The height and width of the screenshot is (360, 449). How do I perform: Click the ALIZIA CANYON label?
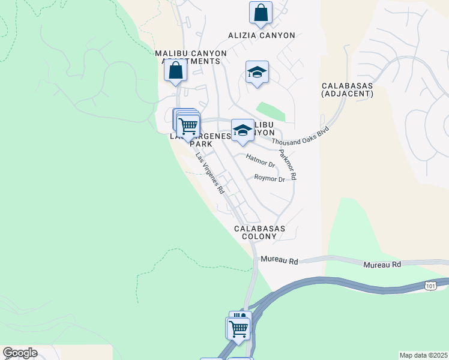(261, 35)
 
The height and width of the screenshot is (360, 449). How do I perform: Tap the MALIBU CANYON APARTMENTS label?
(191, 57)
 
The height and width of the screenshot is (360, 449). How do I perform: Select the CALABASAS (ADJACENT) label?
(347, 90)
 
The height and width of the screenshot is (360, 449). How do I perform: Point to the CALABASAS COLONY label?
(259, 232)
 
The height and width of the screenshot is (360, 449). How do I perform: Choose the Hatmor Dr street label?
(261, 160)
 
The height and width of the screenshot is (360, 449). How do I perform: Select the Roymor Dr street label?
(270, 178)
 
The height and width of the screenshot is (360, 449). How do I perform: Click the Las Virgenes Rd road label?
(210, 173)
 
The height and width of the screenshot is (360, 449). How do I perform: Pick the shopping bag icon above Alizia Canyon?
(261, 13)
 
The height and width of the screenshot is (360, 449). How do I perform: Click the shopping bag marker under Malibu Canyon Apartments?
(175, 71)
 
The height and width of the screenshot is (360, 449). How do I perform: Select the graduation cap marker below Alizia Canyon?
(257, 73)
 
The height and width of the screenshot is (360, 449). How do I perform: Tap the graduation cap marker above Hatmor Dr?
(243, 130)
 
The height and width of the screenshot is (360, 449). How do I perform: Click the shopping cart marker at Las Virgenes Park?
(188, 125)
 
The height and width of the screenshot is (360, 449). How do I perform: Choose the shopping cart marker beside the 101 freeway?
(239, 328)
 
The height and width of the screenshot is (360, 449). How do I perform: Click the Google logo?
(19, 353)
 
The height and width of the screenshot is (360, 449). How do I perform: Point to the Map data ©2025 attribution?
(423, 355)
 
